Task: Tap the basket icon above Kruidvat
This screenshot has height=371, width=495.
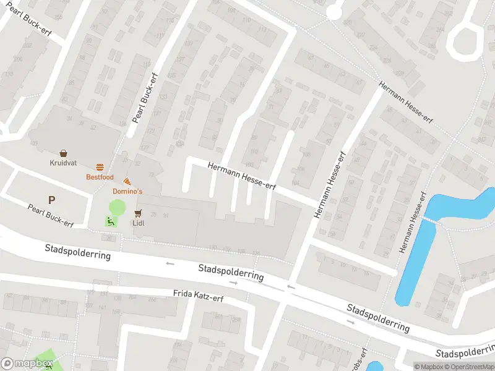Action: (x=63, y=153)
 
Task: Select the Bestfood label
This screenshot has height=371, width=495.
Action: (x=99, y=177)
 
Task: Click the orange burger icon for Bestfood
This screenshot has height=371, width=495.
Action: (x=100, y=167)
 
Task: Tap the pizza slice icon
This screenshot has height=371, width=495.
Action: (x=127, y=182)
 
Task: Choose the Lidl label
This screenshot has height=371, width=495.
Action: (x=138, y=223)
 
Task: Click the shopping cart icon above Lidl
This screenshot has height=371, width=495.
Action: (x=138, y=213)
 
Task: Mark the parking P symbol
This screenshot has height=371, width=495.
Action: (x=51, y=200)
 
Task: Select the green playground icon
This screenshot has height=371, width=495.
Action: (x=110, y=221)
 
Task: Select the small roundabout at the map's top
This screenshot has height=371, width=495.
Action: (x=334, y=11)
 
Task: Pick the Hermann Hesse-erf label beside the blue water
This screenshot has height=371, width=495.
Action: (x=413, y=223)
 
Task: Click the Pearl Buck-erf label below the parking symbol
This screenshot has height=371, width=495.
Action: (x=51, y=215)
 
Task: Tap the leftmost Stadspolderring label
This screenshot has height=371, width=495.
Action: (x=78, y=251)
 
